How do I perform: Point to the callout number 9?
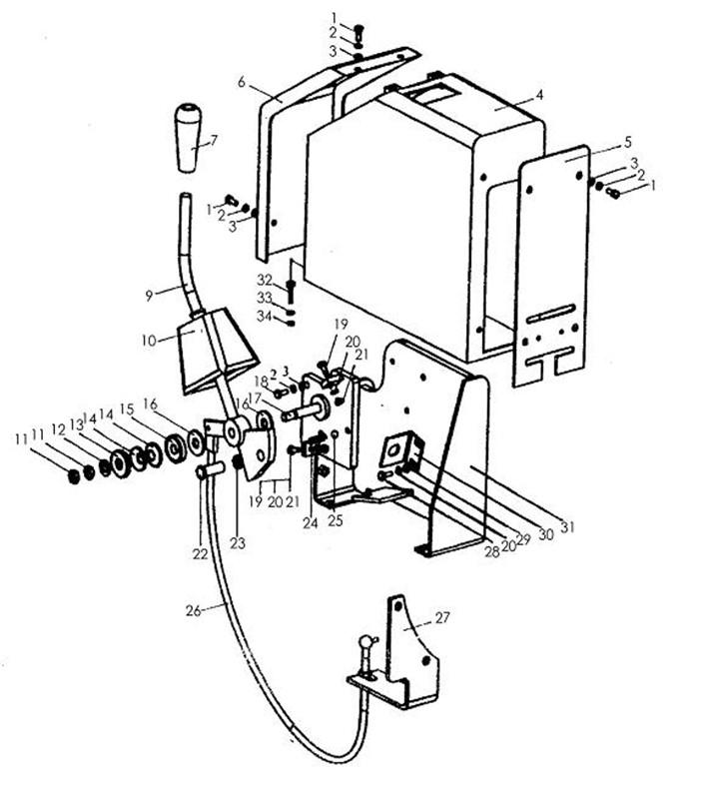click(149, 295)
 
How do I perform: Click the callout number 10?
click(149, 340)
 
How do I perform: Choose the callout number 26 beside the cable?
click(193, 609)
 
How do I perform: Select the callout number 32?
click(265, 279)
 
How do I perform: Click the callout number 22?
click(202, 553)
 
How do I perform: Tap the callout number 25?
click(335, 521)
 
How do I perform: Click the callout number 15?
click(127, 409)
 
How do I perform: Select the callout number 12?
click(59, 428)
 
